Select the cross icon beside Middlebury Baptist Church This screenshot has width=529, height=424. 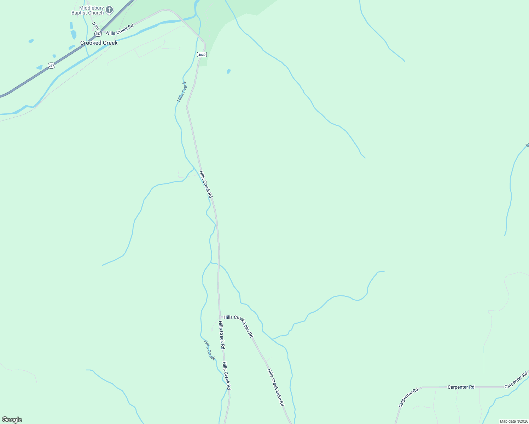pyautogui.click(x=109, y=10)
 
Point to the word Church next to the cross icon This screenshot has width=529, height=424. pyautogui.click(x=96, y=13)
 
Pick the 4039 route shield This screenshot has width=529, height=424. pyautogui.click(x=202, y=54)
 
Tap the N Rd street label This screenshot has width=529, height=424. pyautogui.click(x=95, y=26)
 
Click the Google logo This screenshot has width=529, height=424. pyautogui.click(x=12, y=420)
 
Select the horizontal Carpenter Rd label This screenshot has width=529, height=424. pyautogui.click(x=461, y=387)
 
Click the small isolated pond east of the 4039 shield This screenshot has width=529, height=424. pyautogui.click(x=229, y=71)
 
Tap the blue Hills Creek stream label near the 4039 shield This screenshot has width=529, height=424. pyautogui.click(x=182, y=92)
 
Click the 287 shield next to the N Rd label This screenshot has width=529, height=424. pyautogui.click(x=98, y=34)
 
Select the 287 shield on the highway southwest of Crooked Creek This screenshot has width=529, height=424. pyautogui.click(x=52, y=66)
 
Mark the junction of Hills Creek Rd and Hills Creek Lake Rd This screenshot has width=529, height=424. pyautogui.click(x=220, y=317)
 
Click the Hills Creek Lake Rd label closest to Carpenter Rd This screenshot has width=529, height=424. pyautogui.click(x=275, y=387)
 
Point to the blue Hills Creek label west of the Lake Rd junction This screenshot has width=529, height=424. pyautogui.click(x=209, y=350)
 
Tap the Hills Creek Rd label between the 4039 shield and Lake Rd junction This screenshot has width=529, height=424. pyautogui.click(x=206, y=184)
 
